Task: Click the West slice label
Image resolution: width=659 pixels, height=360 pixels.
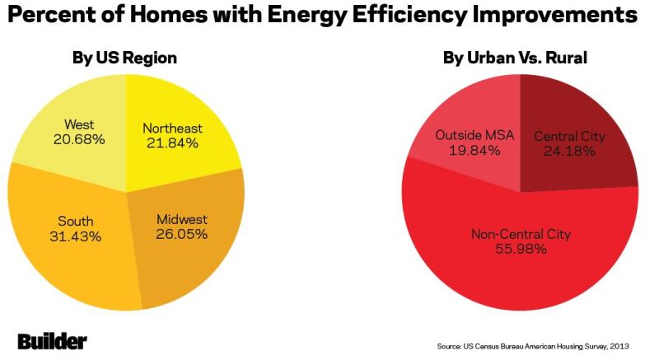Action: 79,124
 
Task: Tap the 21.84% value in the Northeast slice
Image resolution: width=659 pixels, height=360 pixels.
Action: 172,143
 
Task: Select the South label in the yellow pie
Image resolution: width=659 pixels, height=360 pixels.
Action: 76,222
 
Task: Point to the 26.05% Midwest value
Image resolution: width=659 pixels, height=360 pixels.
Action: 181,234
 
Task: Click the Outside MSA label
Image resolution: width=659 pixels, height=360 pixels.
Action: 474,135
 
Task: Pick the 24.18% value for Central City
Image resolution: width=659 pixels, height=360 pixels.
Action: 569,151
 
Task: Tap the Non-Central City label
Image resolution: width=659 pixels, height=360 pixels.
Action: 521,234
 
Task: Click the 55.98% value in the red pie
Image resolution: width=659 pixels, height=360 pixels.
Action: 521,249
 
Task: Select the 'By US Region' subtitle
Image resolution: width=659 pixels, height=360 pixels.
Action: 124,58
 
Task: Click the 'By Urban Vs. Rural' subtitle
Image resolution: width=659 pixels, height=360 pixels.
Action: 515,58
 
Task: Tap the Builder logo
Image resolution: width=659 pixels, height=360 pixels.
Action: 52,342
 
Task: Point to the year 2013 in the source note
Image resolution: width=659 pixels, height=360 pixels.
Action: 620,346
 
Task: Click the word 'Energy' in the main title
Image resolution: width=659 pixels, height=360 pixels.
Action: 306,15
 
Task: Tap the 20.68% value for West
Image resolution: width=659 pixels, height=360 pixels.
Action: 79,139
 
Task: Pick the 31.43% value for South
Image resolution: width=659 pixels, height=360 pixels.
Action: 76,236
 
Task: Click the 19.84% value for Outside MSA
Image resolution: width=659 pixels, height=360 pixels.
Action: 474,151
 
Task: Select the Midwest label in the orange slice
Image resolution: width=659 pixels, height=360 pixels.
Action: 181,219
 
